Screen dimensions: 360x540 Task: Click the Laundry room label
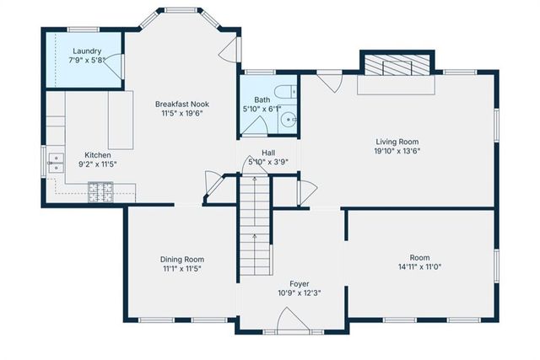(x=87, y=51)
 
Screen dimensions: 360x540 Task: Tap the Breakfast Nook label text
(x=181, y=104)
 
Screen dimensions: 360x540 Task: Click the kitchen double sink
(x=57, y=161)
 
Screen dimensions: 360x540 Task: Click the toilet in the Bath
(x=284, y=93)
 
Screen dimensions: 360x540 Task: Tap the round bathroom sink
(x=289, y=120)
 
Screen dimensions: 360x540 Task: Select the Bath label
(x=262, y=99)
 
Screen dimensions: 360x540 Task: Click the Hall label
(x=267, y=152)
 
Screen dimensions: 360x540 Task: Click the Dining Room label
(x=182, y=259)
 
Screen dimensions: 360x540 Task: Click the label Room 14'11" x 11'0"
(x=419, y=262)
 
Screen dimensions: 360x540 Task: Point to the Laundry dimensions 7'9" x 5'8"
(x=87, y=60)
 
